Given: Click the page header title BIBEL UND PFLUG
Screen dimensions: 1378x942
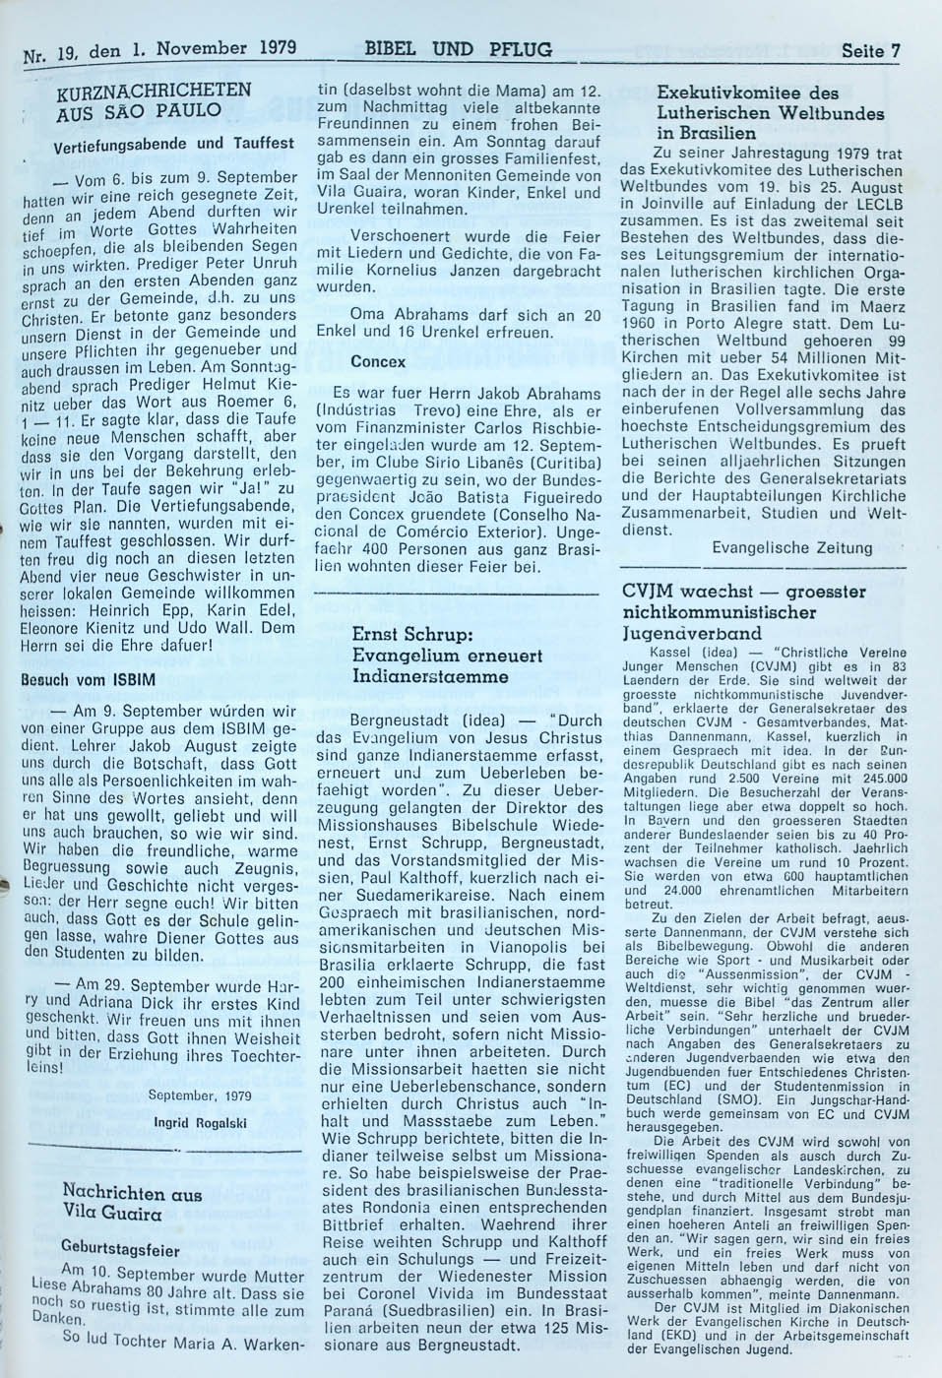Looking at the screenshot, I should pos(458,49).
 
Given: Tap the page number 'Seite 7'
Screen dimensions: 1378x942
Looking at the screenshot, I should pos(869,51).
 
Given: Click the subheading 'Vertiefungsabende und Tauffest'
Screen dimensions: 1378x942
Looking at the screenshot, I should pos(173,144).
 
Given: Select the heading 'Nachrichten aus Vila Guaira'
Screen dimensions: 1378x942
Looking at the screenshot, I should pos(128,1204).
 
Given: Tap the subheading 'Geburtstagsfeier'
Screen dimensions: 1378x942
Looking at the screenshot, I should pos(120,1250).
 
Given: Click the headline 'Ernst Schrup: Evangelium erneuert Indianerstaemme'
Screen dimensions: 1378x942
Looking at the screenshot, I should pos(448,656).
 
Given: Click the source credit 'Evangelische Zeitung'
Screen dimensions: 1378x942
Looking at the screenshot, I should pos(791,547).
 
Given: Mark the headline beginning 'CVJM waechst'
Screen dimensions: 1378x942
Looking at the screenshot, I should pos(744,611).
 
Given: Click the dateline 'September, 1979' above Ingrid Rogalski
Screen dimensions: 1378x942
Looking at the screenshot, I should pos(199,1095).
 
